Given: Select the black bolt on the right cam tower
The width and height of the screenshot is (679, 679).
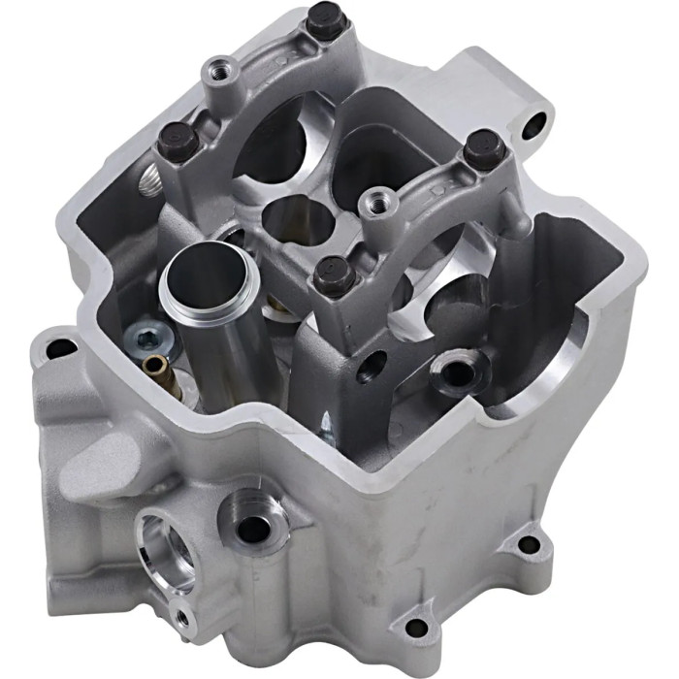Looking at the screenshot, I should point(480,148).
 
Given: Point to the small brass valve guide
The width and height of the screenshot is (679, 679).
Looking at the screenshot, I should point(155,368).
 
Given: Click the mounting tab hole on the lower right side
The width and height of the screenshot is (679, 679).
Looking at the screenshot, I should point(529,543).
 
